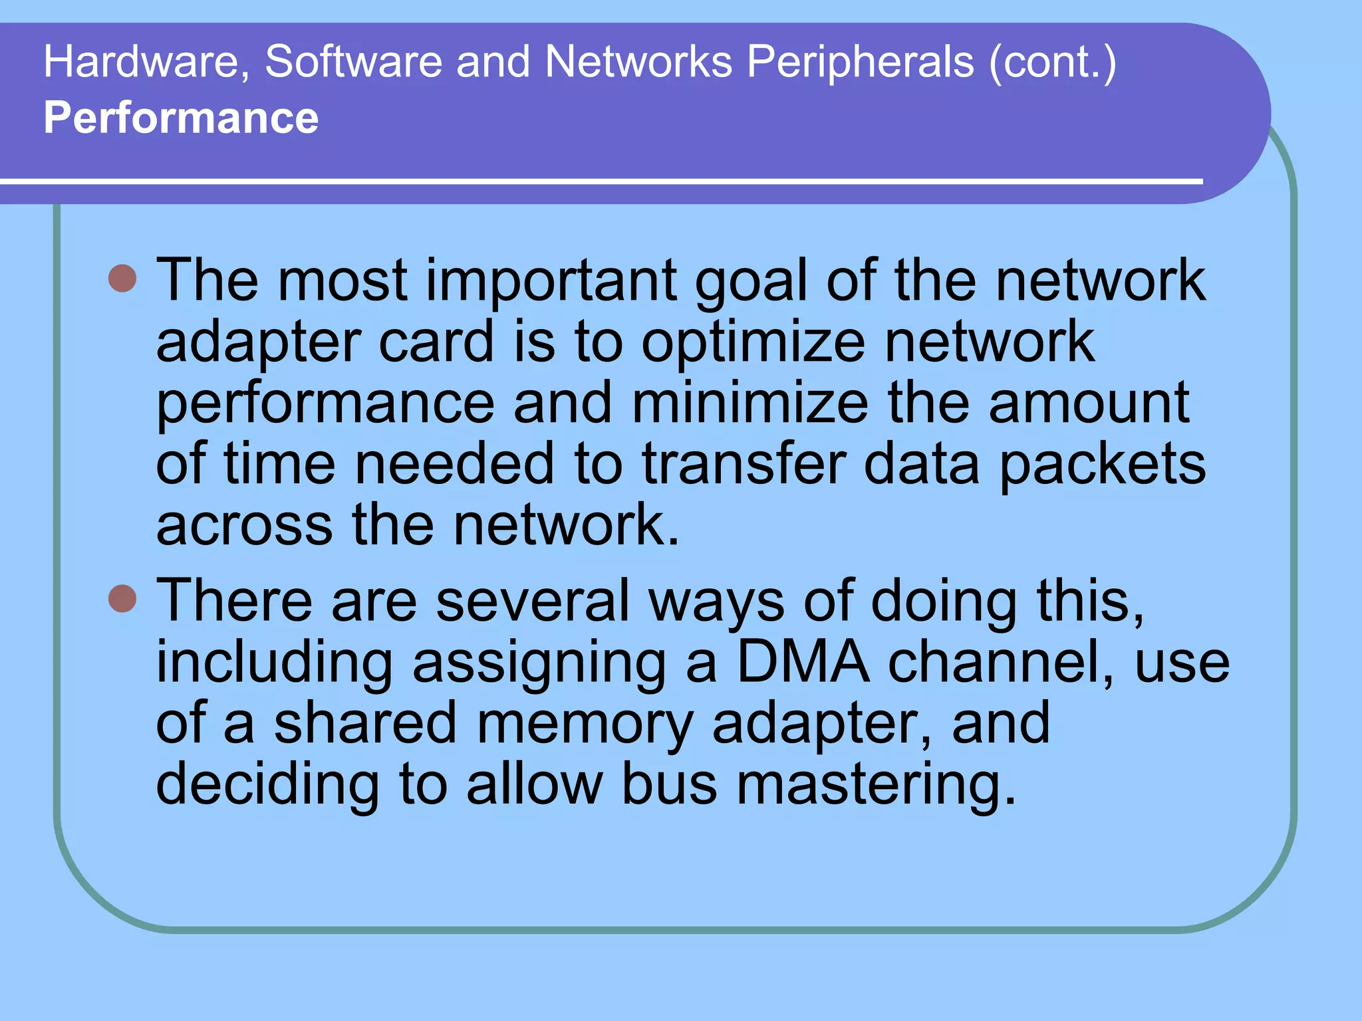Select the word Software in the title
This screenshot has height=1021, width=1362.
tap(353, 62)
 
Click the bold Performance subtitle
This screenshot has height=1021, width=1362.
tap(181, 118)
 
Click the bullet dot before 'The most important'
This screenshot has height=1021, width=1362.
tap(122, 279)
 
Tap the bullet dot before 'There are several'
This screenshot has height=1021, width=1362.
tap(122, 598)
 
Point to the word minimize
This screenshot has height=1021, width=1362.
tap(749, 403)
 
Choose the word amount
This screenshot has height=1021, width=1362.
tap(1089, 403)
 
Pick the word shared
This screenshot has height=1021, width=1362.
tap(365, 723)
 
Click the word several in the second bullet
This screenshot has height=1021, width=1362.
tap(532, 601)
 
